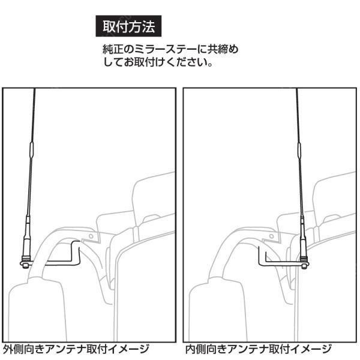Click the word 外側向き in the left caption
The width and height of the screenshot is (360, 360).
pos(23,349)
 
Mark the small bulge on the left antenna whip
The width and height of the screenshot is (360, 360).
pos(31,148)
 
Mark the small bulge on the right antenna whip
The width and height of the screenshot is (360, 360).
pos(299,148)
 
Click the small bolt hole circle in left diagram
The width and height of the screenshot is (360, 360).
pos(91,238)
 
